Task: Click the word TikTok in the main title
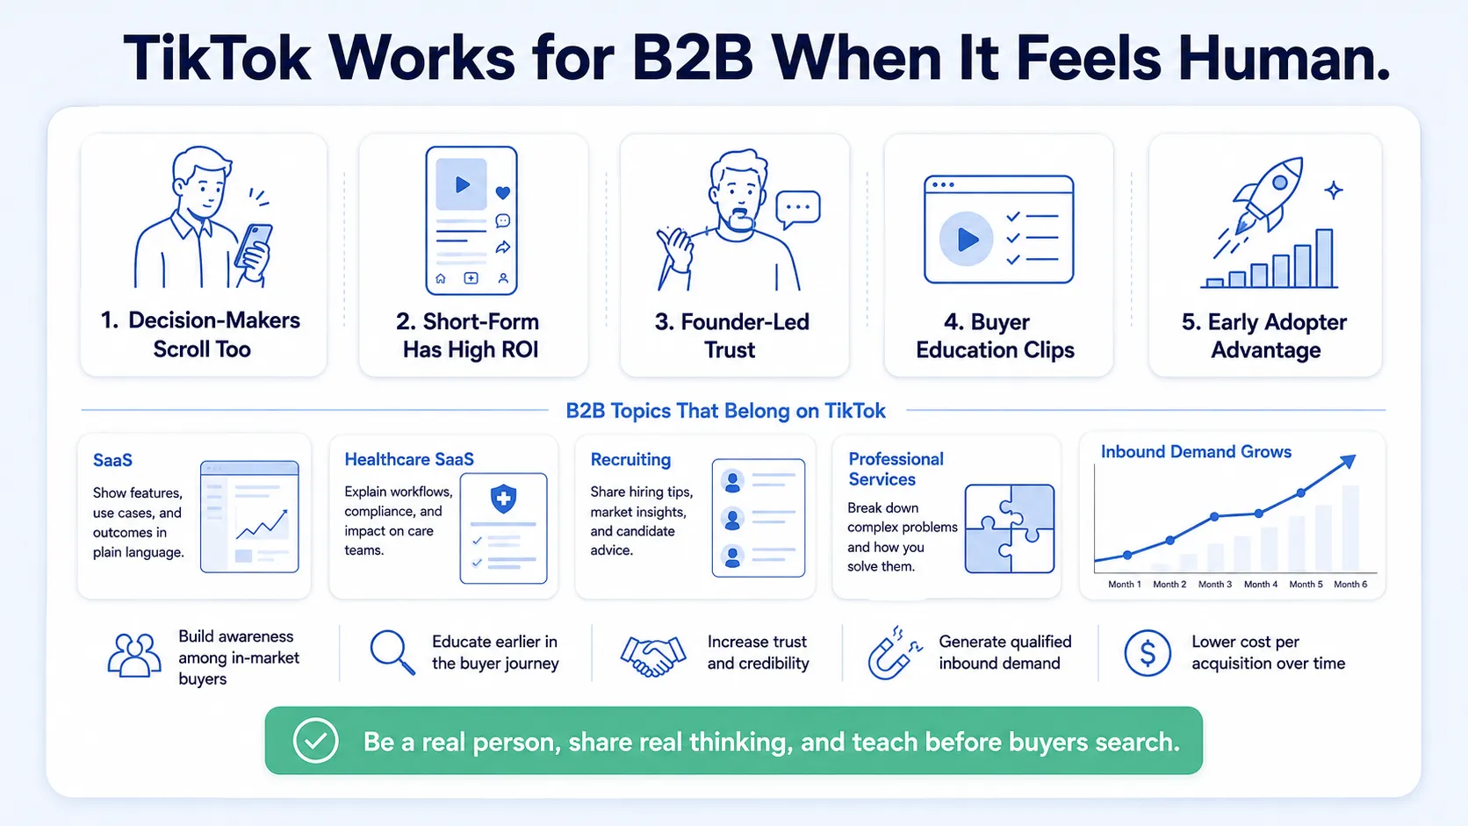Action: point(216,58)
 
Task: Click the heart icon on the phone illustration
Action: point(503,192)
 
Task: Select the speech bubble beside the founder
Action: point(797,209)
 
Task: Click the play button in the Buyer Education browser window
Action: point(966,239)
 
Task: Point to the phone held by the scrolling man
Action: point(254,251)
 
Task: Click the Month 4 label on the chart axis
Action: point(1260,585)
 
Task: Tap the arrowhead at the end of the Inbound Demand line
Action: point(1348,461)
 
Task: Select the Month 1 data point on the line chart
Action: point(1127,555)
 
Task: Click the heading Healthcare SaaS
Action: point(409,459)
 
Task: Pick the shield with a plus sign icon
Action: point(503,499)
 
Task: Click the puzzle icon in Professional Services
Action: point(1010,528)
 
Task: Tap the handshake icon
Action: point(652,656)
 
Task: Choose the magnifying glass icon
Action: point(392,652)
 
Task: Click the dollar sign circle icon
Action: point(1147,653)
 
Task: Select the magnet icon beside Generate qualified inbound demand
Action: point(894,654)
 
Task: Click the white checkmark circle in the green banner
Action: point(316,740)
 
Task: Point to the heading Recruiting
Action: point(630,459)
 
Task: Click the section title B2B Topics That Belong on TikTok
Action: point(725,411)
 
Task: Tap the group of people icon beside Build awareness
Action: point(134,654)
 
